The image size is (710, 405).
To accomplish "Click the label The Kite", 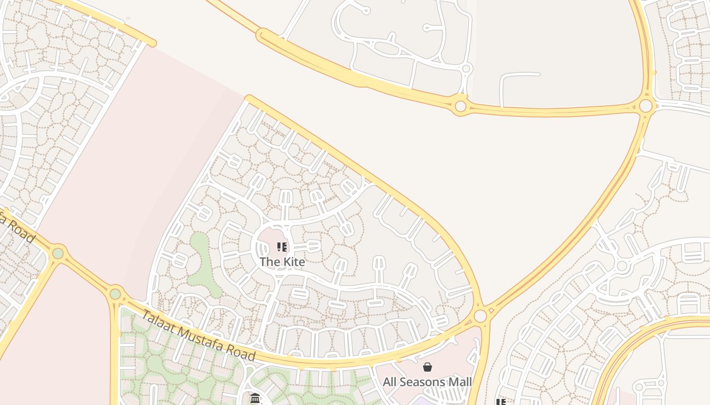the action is (282, 262).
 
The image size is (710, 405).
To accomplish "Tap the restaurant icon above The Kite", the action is (282, 247).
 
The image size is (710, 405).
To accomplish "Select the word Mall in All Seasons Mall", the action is (460, 382).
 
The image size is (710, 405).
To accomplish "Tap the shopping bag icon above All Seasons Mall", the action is (428, 367).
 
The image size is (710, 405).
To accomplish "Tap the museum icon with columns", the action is (255, 398).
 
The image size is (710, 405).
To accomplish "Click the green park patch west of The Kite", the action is (201, 263).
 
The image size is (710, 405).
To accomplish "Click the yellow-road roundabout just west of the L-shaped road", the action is (460, 106).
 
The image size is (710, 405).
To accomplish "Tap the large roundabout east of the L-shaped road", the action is (646, 106).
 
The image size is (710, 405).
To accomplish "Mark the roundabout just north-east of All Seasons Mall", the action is (480, 316).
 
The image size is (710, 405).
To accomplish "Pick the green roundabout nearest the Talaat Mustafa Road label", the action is (115, 294).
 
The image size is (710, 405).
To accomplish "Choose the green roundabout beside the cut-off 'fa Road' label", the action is (58, 253).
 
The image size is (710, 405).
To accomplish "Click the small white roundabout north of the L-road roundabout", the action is (466, 68).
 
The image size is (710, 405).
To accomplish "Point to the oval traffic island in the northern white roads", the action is (386, 48).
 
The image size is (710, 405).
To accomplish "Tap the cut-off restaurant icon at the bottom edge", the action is (501, 402).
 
